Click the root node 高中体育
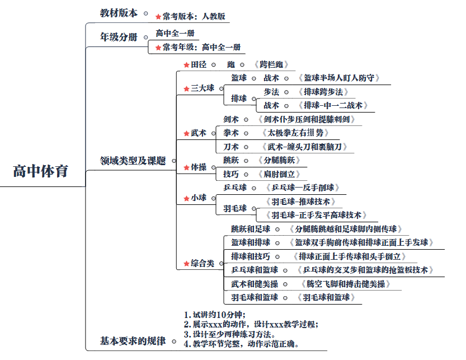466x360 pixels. tap(40, 171)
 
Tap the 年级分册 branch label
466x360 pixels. tap(119, 38)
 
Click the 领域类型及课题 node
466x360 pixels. tap(133, 161)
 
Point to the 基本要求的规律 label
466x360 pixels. tap(133, 341)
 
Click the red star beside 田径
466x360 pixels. tap(186, 65)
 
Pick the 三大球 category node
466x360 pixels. tap(203, 88)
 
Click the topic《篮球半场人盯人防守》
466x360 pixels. tap(338, 78)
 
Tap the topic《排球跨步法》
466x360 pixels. tap(323, 92)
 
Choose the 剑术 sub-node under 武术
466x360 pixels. tap(231, 119)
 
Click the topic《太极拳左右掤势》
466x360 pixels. tap(294, 133)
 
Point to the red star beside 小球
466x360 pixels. tap(186, 198)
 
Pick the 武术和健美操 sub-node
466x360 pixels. tap(254, 284)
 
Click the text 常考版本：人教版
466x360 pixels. tap(194, 17)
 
